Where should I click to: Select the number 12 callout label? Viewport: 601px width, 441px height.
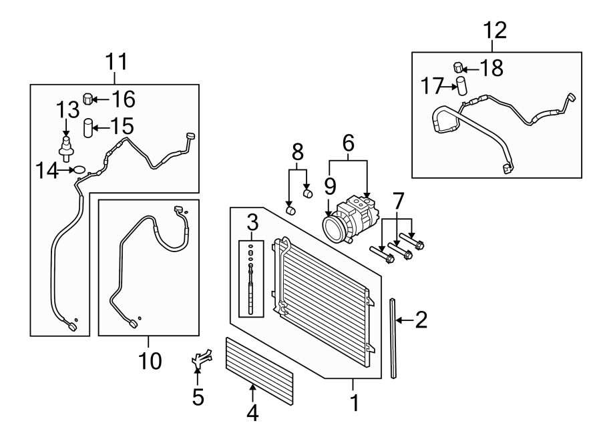point(495,29)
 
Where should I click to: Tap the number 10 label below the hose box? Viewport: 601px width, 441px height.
point(150,361)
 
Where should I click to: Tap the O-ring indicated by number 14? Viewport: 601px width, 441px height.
point(80,170)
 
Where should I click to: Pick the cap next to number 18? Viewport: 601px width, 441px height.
point(458,67)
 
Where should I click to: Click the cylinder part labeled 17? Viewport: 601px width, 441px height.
point(461,86)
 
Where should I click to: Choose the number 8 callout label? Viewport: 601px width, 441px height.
point(298,150)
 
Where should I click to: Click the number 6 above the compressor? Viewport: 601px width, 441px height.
point(347,141)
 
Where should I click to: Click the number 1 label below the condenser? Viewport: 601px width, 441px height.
point(354,403)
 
